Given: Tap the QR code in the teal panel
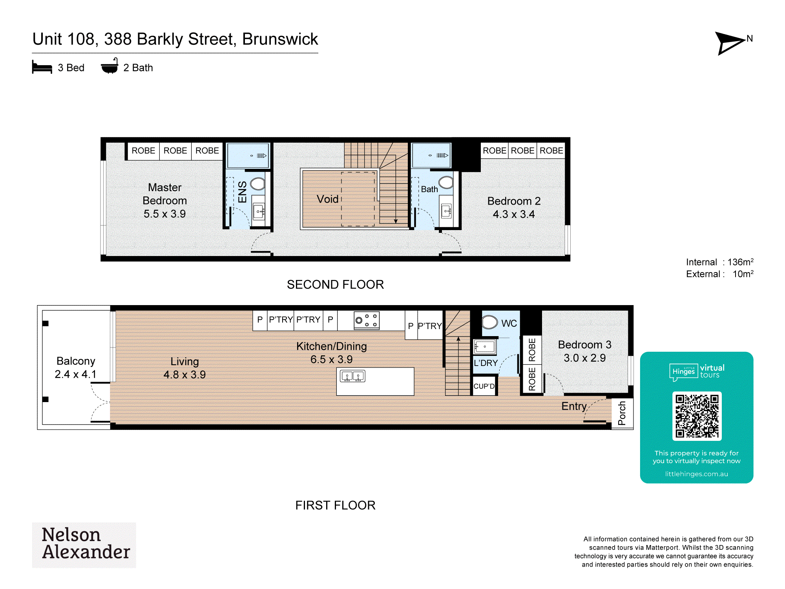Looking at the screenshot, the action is [697, 416].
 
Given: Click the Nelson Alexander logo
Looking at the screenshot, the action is [84, 545].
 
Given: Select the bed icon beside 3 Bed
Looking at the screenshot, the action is [42, 67].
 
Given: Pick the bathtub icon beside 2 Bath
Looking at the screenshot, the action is [110, 66].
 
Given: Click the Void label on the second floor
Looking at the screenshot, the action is [327, 199].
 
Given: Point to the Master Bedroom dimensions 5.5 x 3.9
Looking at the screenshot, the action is [164, 214].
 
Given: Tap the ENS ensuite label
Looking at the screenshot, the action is [243, 192].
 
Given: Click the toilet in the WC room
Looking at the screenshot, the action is [489, 322].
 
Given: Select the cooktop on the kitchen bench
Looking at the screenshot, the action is [367, 320].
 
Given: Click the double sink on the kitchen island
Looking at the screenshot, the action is [352, 377].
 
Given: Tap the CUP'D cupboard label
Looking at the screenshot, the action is [484, 386].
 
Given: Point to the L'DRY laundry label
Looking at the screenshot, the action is [486, 363].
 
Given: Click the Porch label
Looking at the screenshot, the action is [622, 413].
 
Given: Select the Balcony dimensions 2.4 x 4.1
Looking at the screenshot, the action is [76, 374].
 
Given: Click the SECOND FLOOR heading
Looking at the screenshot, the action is [335, 285].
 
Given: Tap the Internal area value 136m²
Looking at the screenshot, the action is [740, 262].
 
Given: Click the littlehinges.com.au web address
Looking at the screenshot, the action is [696, 474].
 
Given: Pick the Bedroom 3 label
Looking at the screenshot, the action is [584, 345].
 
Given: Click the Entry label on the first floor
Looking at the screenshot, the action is [574, 406].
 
